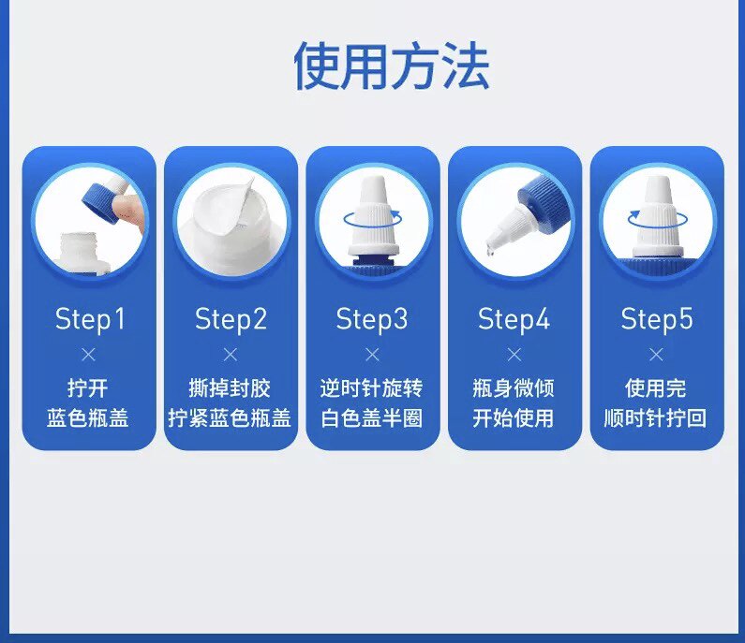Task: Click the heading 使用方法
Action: (x=392, y=66)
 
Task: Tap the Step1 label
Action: (x=90, y=319)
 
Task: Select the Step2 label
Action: (x=231, y=319)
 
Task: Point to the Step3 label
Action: (x=372, y=319)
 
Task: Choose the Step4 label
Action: (x=514, y=319)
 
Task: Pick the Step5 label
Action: (x=657, y=319)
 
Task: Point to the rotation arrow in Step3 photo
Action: (x=373, y=227)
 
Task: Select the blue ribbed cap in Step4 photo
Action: (x=542, y=198)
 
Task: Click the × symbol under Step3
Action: (x=373, y=354)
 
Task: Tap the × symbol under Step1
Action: (x=88, y=354)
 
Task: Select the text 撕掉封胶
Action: (x=230, y=387)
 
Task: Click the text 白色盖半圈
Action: (x=371, y=418)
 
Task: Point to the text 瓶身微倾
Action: (x=514, y=387)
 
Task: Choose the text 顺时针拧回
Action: (x=655, y=418)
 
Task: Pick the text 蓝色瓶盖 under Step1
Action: (x=88, y=418)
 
